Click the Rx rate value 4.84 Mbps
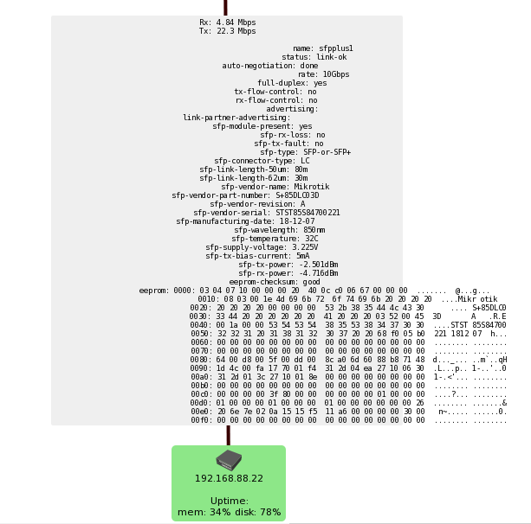pyautogui.click(x=236, y=22)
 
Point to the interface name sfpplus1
pyautogui.click(x=335, y=48)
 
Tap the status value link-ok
pyautogui.click(x=332, y=57)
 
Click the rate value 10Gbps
pyautogui.click(x=336, y=74)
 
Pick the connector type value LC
pyautogui.click(x=305, y=161)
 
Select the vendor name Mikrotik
pyautogui.click(x=312, y=187)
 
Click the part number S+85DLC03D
pyautogui.click(x=297, y=195)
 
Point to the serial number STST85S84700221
pyautogui.click(x=308, y=213)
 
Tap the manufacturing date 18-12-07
pyautogui.click(x=297, y=221)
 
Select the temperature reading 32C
pyautogui.click(x=312, y=239)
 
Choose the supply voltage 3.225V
pyautogui.click(x=305, y=247)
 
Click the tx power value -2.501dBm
pyautogui.click(x=319, y=265)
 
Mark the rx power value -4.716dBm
pyautogui.click(x=319, y=273)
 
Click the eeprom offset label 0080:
pyautogui.click(x=201, y=360)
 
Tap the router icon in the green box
pyautogui.click(x=229, y=460)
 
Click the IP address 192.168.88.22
pyautogui.click(x=229, y=478)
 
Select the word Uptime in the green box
pyautogui.click(x=229, y=501)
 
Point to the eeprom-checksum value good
pyautogui.click(x=311, y=282)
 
